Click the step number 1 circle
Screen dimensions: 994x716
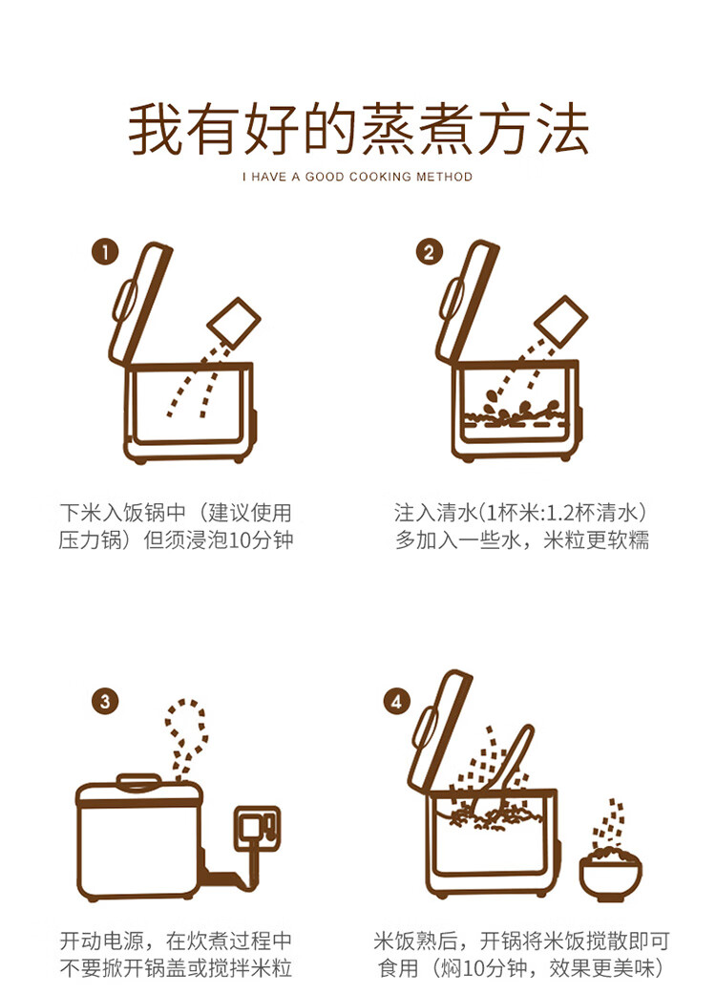point(104,252)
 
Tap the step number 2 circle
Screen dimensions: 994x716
point(429,252)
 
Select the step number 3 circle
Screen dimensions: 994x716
point(104,702)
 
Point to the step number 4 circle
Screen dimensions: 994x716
point(397,702)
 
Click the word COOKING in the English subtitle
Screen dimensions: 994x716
point(380,177)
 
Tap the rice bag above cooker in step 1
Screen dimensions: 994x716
point(236,323)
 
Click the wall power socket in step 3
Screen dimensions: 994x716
point(258,827)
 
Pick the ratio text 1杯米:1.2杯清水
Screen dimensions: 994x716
point(563,512)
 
